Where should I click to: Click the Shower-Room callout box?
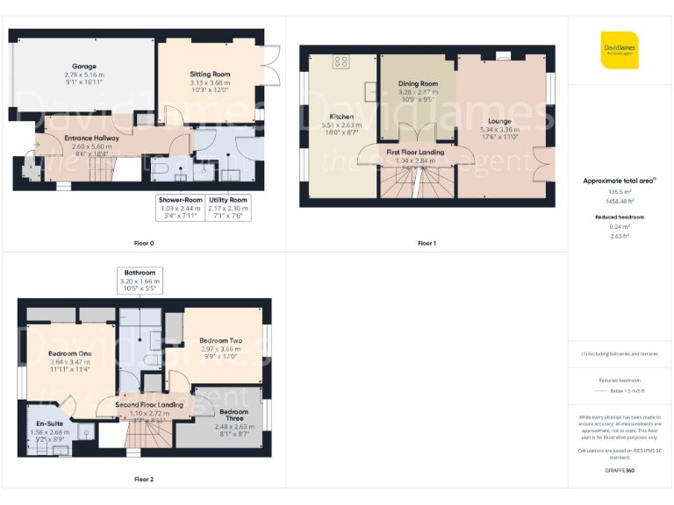(180, 208)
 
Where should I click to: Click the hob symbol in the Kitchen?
(341, 61)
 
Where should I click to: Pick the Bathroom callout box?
(140, 281)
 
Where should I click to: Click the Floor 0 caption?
(144, 241)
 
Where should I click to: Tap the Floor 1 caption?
(427, 242)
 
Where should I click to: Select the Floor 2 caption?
(144, 480)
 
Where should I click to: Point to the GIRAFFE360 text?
(620, 471)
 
